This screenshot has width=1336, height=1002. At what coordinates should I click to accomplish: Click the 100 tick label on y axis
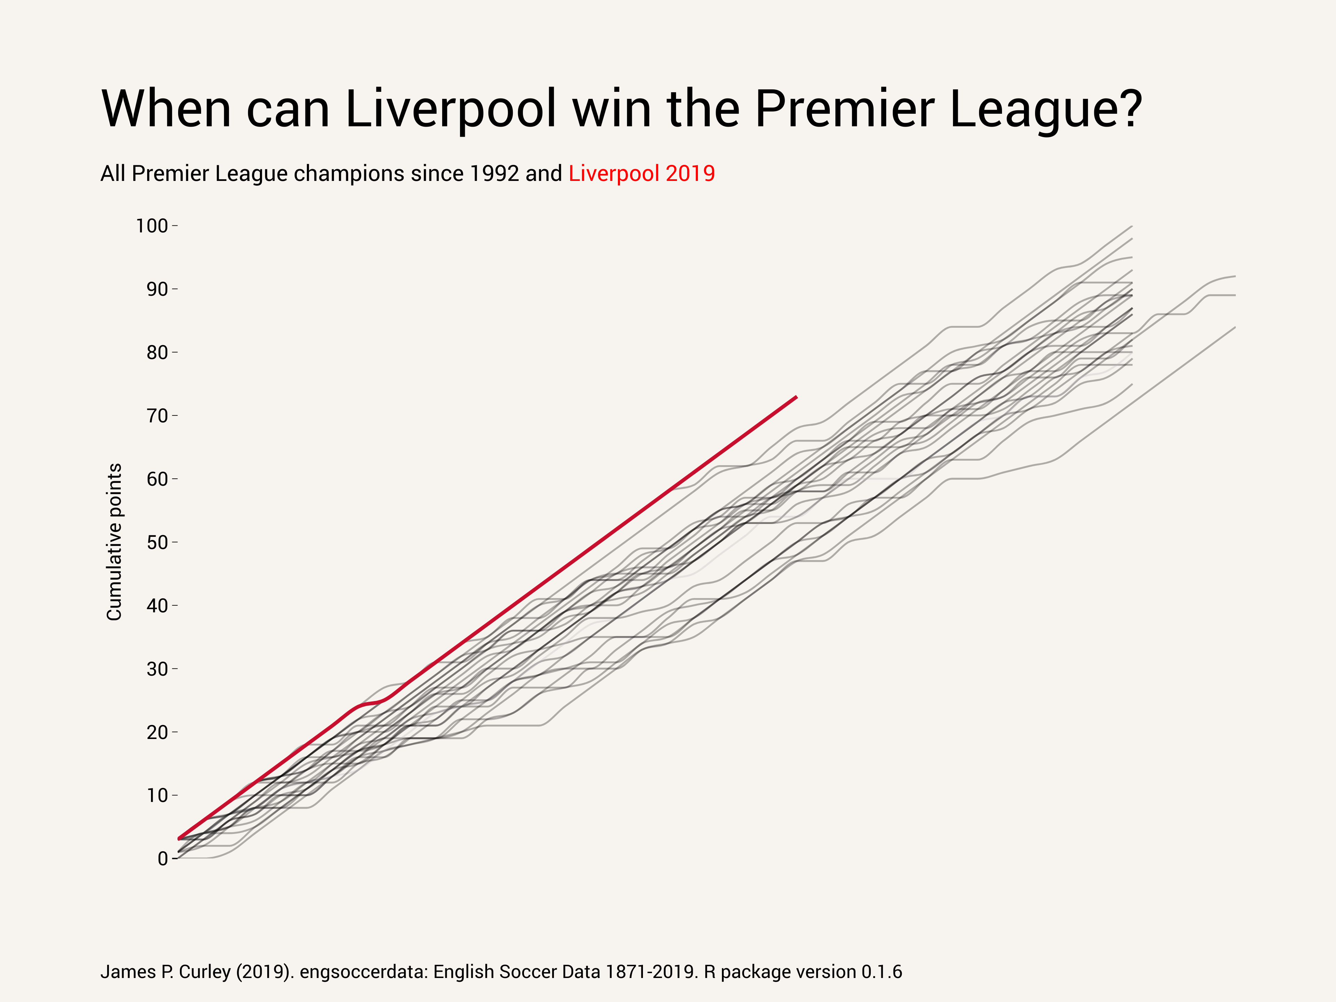[x=152, y=226]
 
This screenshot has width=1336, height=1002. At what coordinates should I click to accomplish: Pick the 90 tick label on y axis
[x=157, y=289]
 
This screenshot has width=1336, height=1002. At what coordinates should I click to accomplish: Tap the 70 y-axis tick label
[x=157, y=415]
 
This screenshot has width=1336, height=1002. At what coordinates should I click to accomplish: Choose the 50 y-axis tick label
[x=157, y=542]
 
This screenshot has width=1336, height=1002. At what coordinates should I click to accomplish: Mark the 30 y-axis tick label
[x=157, y=669]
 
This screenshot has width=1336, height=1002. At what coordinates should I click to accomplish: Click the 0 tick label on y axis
[x=162, y=858]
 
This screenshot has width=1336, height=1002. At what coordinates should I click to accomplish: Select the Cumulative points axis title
[x=114, y=542]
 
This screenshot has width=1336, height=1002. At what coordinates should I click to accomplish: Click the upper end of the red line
[x=797, y=397]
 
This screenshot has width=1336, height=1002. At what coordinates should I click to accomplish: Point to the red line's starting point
[x=179, y=839]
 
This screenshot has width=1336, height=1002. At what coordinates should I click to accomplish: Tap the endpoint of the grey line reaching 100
[x=1131, y=226]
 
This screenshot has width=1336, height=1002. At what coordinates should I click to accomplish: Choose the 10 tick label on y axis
[x=157, y=795]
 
